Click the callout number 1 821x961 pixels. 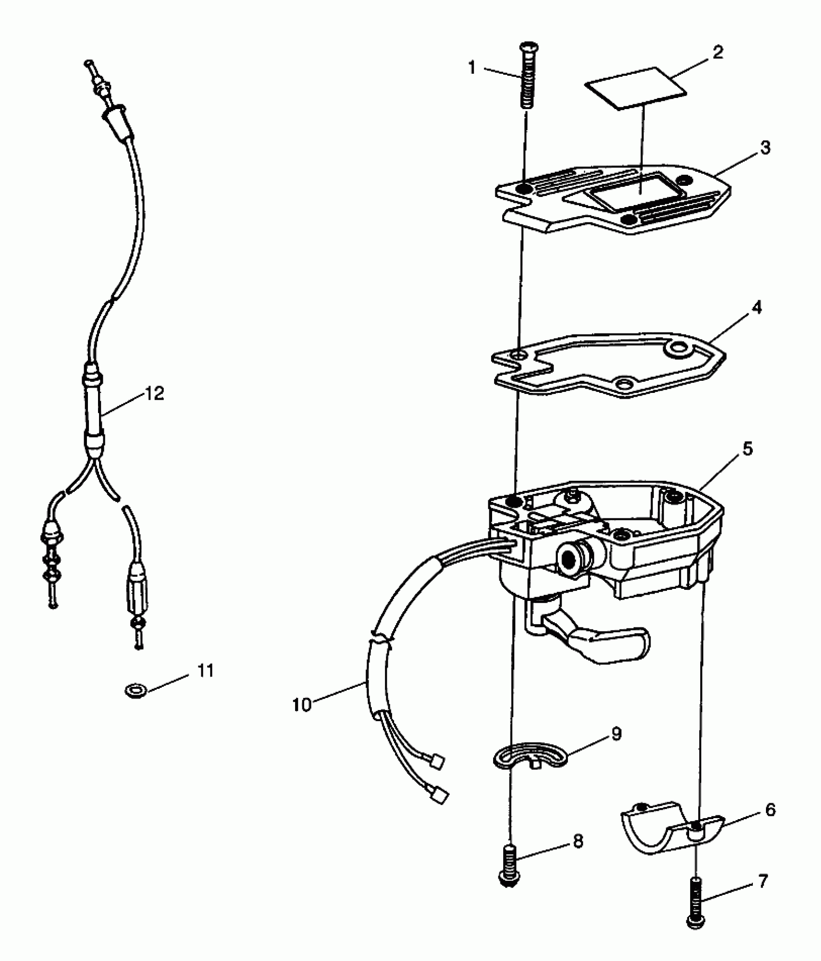472,68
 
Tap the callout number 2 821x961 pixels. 718,52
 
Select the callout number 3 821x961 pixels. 764,148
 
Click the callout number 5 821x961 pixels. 747,449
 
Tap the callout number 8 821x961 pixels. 578,841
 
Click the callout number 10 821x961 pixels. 302,705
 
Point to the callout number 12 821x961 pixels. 155,393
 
